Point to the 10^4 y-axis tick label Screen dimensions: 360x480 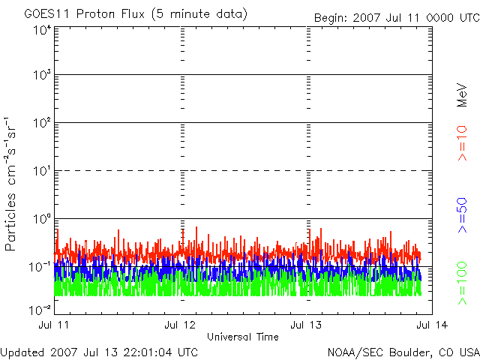click(41, 29)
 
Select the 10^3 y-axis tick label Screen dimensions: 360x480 click(41, 76)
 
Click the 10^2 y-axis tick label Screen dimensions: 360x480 click(41, 123)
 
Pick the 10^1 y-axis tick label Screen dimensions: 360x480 click(41, 171)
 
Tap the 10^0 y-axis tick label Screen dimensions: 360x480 click(41, 219)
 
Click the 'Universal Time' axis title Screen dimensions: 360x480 click(244, 337)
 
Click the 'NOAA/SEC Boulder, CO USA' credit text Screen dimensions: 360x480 click(403, 352)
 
